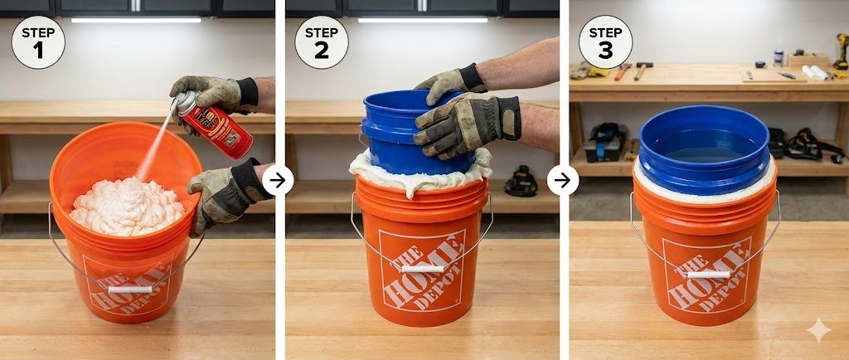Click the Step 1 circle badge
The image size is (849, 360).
click(37, 41)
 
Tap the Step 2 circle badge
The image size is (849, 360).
click(322, 41)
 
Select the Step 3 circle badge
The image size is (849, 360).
click(605, 41)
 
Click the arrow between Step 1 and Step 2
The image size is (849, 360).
click(278, 180)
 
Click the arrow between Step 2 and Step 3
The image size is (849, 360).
click(563, 180)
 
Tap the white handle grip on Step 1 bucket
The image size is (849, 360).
click(130, 289)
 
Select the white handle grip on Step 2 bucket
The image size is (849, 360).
click(421, 268)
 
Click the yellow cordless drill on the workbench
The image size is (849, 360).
click(840, 50)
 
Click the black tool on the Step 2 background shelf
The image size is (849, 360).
click(521, 181)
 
